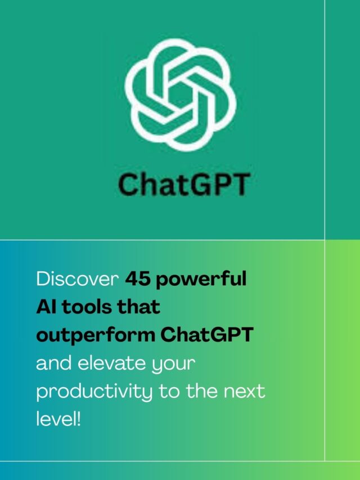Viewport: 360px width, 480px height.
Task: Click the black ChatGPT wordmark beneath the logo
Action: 184,184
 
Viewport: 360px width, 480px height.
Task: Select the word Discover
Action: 78,279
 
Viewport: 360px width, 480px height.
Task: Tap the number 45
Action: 138,279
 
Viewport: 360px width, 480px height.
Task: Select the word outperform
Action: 96,335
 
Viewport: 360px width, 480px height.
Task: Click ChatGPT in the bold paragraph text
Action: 207,335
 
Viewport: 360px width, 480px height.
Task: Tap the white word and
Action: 53,363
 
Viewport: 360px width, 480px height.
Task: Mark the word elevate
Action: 111,363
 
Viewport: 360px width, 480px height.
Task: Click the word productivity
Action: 94,392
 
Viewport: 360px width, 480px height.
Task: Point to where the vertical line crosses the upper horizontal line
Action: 325,240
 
